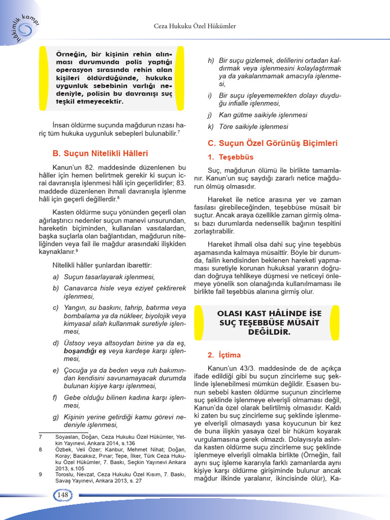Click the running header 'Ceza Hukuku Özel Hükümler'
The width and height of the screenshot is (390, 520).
tap(194, 25)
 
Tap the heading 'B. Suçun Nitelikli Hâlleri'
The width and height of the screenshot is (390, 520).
tap(100, 153)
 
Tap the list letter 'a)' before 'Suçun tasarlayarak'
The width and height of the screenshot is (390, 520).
tap(56, 277)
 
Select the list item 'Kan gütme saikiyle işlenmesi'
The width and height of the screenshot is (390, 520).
tap(263, 115)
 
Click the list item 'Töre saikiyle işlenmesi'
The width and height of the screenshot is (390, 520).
tap(253, 126)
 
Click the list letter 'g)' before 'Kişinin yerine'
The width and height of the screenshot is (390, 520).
tap(56, 417)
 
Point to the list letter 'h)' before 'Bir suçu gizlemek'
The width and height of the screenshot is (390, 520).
tap(211, 60)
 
